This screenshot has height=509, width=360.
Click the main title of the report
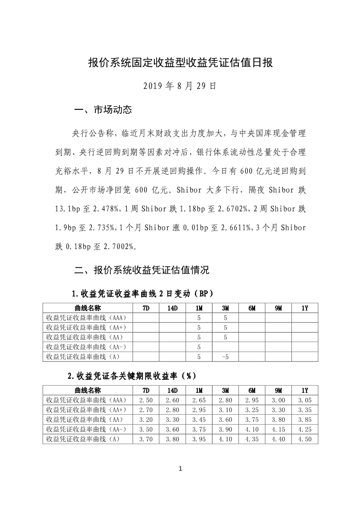click(x=180, y=63)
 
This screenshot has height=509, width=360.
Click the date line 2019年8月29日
click(x=180, y=86)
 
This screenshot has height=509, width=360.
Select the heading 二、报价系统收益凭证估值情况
click(x=142, y=270)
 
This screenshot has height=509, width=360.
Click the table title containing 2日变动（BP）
click(x=143, y=294)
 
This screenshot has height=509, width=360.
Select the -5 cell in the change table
click(x=225, y=357)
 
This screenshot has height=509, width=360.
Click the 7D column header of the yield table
click(x=146, y=391)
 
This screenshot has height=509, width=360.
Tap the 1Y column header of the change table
click(x=305, y=308)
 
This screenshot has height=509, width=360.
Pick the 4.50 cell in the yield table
click(x=305, y=440)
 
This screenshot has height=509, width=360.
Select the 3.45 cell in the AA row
click(x=199, y=420)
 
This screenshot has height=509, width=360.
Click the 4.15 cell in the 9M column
click(x=278, y=430)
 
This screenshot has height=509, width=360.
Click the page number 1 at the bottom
click(x=180, y=469)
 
